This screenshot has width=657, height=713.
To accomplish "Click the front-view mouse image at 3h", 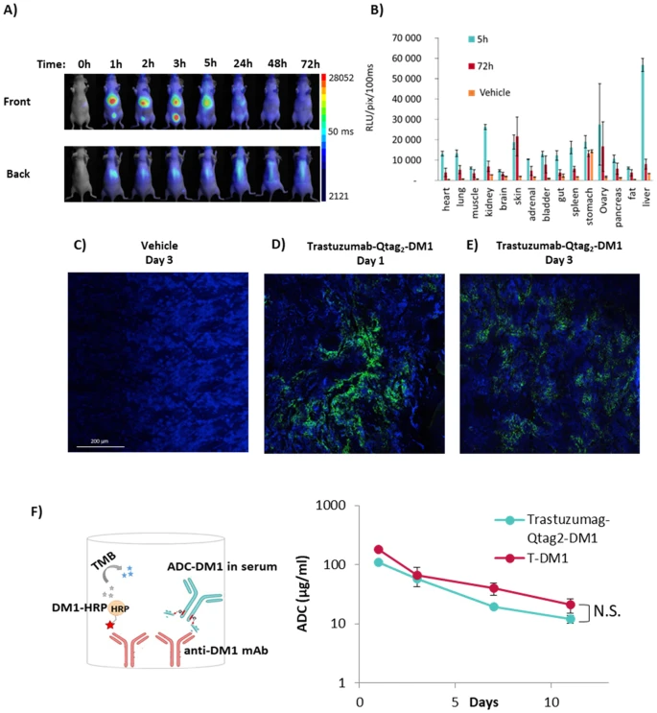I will (x=176, y=101).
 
